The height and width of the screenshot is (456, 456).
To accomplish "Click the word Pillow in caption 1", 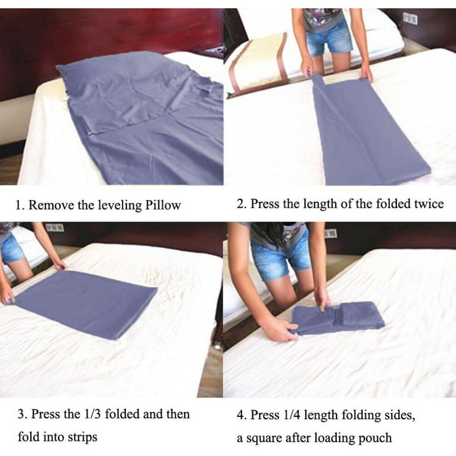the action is point(163,205).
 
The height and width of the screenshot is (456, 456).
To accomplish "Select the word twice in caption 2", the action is point(429,204).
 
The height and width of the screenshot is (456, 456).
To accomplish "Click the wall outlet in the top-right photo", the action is point(410,18).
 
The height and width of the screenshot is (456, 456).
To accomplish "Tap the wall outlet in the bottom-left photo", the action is point(55,227).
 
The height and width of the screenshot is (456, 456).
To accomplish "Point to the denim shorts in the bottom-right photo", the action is point(280,258).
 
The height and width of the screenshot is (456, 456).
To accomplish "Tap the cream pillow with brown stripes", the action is point(256,63).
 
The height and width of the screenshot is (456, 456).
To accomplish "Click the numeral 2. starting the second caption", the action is point(241,204).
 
